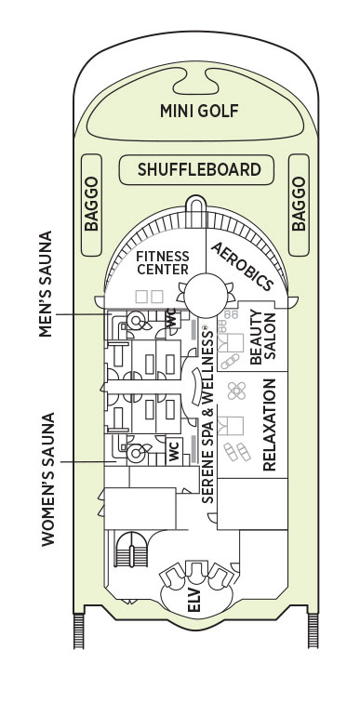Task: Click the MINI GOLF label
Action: [x=199, y=111]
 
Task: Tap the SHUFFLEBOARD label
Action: [x=199, y=169]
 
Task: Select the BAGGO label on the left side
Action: [x=91, y=204]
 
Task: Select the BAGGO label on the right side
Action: [x=299, y=204]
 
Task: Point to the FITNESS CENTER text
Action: [x=163, y=263]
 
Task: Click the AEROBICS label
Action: [x=242, y=266]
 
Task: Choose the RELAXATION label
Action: [x=269, y=425]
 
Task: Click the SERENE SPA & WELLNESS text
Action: [x=207, y=414]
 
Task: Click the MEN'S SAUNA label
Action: [x=46, y=284]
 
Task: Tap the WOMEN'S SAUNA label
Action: [x=48, y=479]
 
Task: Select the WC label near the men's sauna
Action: [x=172, y=320]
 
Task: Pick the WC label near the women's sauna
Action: [x=174, y=451]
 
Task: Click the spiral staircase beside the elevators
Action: [x=131, y=550]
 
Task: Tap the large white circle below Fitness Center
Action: [x=206, y=296]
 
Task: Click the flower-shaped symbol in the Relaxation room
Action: [x=236, y=391]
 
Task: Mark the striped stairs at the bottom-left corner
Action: [x=79, y=630]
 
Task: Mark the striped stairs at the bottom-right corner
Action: [x=313, y=630]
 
